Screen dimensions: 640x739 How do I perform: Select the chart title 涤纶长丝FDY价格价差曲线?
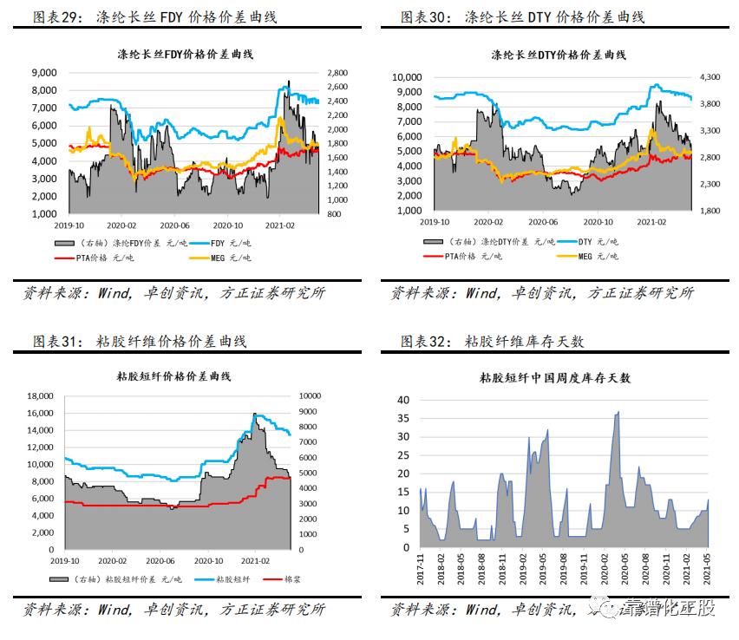183,55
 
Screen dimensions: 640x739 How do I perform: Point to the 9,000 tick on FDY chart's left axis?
44,73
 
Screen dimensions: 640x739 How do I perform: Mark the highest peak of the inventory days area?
618,412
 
